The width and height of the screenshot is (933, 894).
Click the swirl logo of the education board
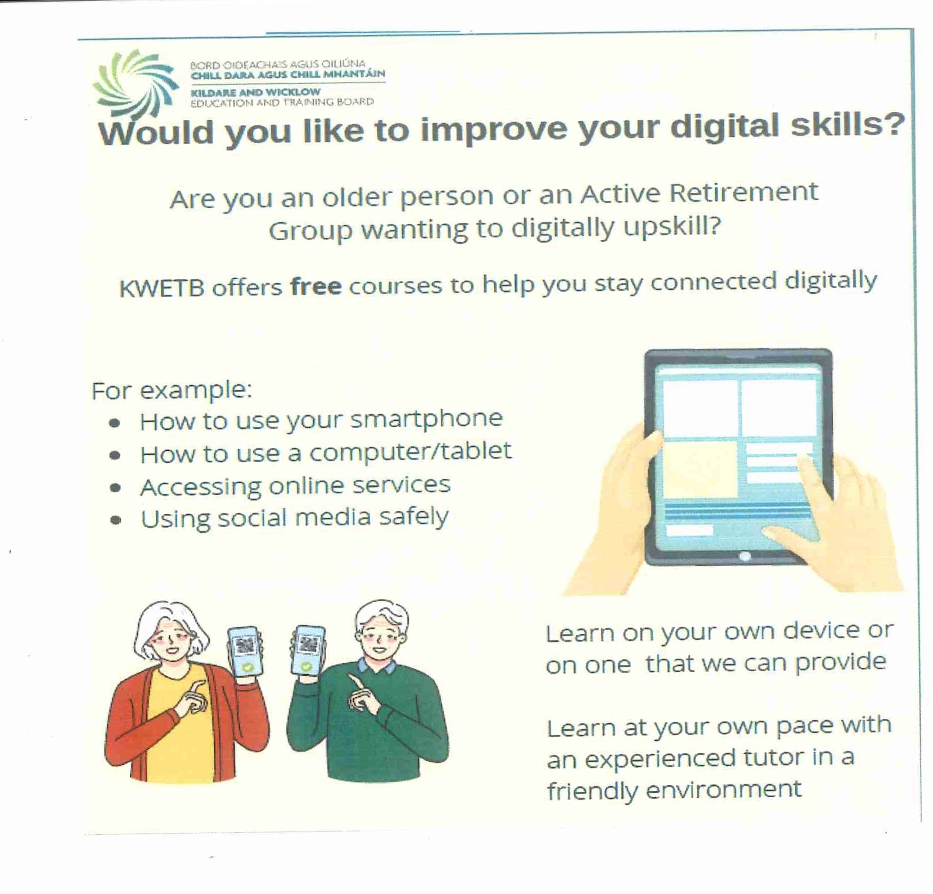click(135, 83)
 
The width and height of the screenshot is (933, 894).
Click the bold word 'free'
click(315, 286)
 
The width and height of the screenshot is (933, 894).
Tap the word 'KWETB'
click(161, 289)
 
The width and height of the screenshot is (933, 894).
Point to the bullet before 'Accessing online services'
click(115, 488)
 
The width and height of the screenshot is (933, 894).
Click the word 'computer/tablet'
click(410, 452)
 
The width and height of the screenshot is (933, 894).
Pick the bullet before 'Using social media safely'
click(115, 520)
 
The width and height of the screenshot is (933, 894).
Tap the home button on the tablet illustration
click(745, 556)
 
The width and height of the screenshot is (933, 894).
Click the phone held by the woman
click(246, 651)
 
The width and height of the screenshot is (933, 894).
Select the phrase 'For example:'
click(172, 390)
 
